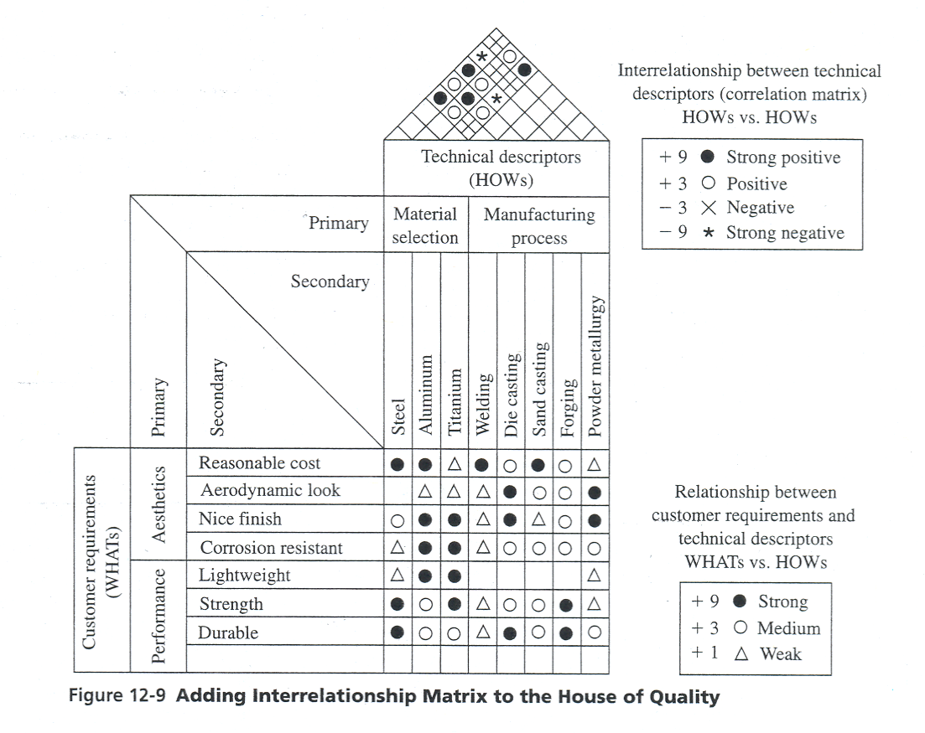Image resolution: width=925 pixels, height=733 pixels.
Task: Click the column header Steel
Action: tap(398, 416)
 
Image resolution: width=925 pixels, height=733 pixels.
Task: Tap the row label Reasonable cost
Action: tap(259, 462)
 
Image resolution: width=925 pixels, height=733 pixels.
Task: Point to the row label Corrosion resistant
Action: tap(271, 548)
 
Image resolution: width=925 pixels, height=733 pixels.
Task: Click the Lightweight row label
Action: tap(244, 576)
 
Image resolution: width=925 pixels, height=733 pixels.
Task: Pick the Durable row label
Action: tap(228, 632)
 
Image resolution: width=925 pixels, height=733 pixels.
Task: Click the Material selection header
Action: tap(425, 225)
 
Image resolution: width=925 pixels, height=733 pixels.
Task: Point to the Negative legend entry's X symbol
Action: tap(709, 208)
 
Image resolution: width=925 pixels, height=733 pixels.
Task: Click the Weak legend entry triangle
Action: tap(741, 653)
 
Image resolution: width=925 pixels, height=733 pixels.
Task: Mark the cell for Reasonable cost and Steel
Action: tap(398, 463)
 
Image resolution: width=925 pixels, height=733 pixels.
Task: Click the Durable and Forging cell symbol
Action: tap(567, 632)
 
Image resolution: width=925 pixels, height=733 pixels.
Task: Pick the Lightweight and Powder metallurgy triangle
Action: tap(595, 576)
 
